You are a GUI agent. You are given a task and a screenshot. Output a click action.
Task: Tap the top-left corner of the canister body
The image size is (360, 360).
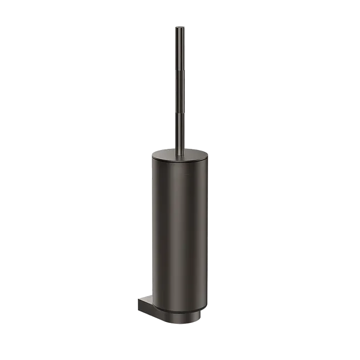(151, 156)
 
